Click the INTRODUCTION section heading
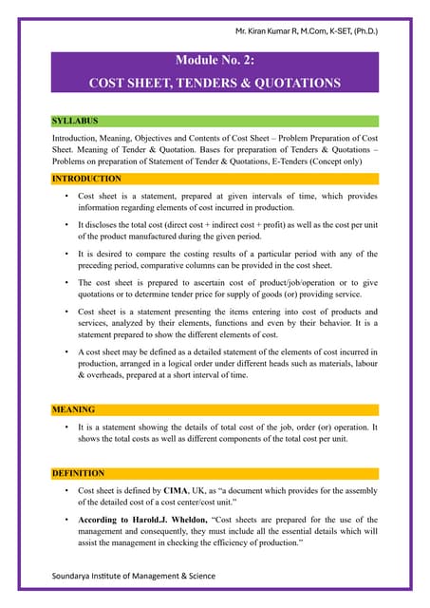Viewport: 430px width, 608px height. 86,179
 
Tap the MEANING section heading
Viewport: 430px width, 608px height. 73,410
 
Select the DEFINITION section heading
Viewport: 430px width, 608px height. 81,472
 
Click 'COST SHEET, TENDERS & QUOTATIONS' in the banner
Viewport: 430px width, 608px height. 215,83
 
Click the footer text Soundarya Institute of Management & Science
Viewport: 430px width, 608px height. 134,576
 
